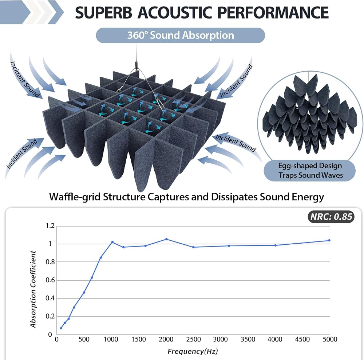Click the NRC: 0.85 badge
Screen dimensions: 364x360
(331, 217)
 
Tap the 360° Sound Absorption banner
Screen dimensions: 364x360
(181, 35)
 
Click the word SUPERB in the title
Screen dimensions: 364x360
(103, 12)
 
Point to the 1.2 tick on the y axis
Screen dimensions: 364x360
(50, 226)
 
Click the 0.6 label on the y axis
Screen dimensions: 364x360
(50, 280)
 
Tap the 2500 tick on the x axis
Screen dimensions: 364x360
(193, 339)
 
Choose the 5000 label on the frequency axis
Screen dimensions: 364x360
(330, 339)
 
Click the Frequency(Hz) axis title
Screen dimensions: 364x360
(193, 351)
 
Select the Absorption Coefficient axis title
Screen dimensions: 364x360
(33, 289)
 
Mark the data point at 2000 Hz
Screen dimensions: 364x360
(166, 239)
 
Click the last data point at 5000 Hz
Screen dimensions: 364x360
(329, 240)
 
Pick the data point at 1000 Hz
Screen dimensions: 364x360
(112, 242)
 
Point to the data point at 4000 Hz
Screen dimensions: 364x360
(275, 245)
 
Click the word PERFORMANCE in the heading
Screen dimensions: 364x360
(273, 12)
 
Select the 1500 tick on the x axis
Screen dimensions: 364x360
(139, 339)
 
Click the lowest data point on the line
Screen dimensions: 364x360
(61, 328)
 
